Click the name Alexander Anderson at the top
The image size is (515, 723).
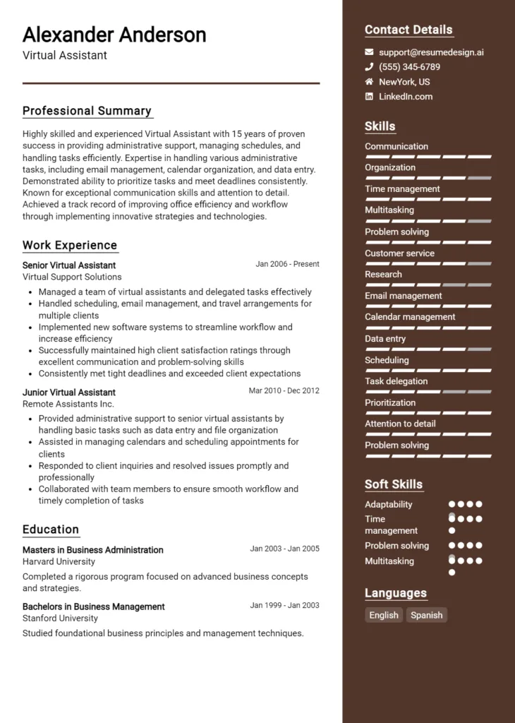click(x=114, y=35)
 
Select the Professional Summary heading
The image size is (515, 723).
click(x=87, y=111)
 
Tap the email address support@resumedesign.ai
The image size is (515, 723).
click(x=431, y=52)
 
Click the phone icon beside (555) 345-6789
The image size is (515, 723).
click(x=369, y=67)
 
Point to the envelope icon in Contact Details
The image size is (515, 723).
click(x=369, y=52)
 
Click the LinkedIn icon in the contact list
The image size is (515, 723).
click(x=369, y=97)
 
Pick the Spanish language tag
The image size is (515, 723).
click(x=426, y=615)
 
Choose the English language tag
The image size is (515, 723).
click(x=384, y=615)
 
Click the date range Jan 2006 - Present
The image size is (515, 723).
click(x=287, y=264)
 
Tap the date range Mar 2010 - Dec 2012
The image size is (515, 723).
click(x=284, y=390)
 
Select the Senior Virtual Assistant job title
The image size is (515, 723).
click(x=69, y=265)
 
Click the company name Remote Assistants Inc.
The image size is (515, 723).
click(x=68, y=404)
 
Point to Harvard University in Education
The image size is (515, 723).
click(x=59, y=561)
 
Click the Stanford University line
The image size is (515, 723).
click(x=60, y=618)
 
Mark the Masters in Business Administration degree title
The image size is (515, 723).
click(x=92, y=550)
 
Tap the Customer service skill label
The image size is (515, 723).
click(x=399, y=253)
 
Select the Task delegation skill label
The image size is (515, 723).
click(x=396, y=381)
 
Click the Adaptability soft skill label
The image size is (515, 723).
click(x=388, y=505)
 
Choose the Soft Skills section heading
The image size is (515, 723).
click(x=394, y=484)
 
